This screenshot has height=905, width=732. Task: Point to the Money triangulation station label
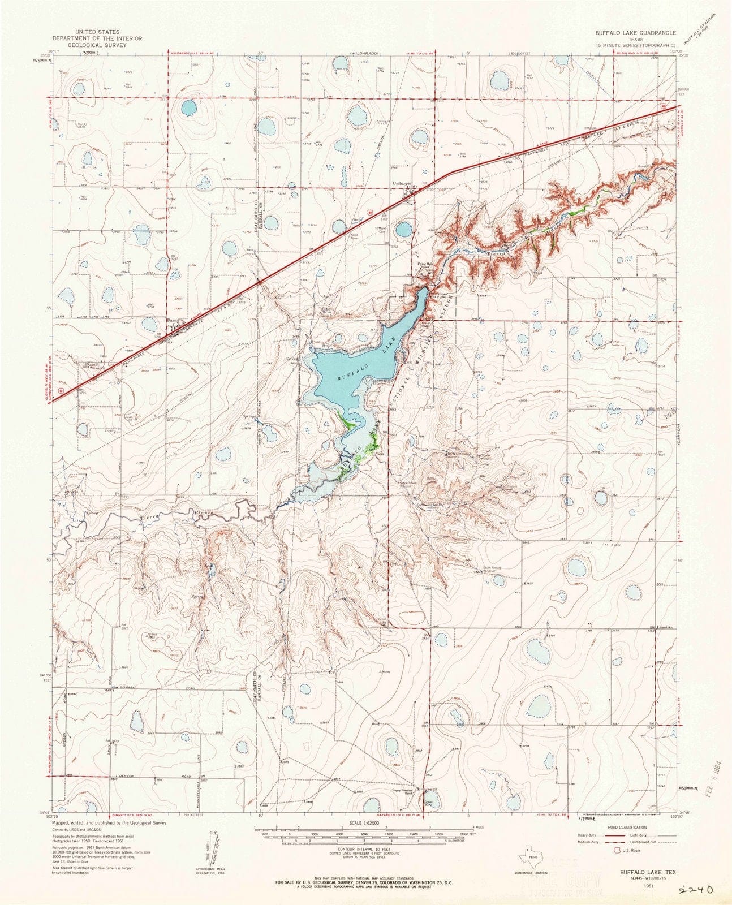click(386, 671)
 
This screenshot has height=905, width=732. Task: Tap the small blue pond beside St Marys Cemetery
click(403, 229)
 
